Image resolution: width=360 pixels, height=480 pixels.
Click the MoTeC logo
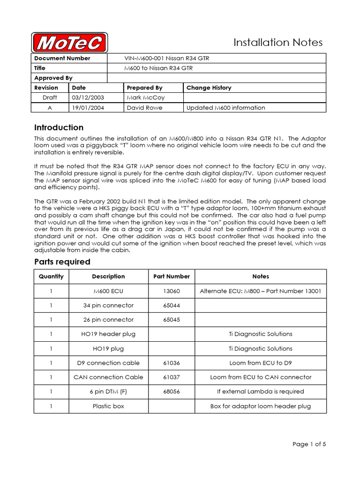click(x=69, y=43)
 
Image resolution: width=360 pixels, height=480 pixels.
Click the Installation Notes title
click(x=278, y=43)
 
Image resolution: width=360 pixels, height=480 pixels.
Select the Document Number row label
click(x=62, y=58)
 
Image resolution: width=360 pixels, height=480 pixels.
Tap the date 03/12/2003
click(x=88, y=97)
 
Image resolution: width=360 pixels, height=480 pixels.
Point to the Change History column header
click(x=209, y=88)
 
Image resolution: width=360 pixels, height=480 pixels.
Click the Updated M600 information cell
click(x=225, y=107)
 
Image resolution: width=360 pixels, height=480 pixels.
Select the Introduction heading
click(x=59, y=127)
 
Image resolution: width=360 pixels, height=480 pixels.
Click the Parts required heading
click(x=62, y=262)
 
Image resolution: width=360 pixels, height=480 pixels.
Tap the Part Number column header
click(x=172, y=277)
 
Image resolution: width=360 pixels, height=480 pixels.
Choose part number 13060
click(x=172, y=291)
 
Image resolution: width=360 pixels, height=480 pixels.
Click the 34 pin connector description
click(x=108, y=305)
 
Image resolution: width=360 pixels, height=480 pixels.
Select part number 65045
click(x=172, y=320)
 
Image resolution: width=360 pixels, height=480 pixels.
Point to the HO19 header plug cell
click(x=108, y=334)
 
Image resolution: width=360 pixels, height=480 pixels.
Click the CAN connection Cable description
click(x=108, y=377)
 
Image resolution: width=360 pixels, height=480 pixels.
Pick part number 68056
click(x=172, y=391)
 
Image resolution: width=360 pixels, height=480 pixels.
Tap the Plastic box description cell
click(x=108, y=406)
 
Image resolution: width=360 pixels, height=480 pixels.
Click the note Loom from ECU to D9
click(x=261, y=363)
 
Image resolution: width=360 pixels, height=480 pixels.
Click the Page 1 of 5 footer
click(x=309, y=444)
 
